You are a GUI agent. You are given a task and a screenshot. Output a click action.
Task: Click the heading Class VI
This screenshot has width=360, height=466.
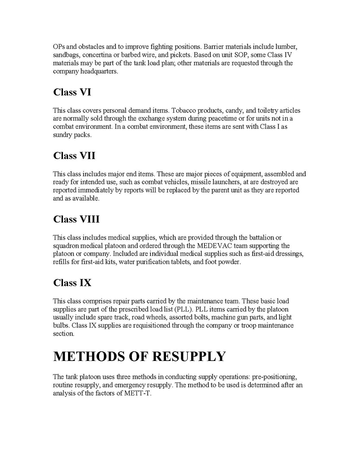[72, 92]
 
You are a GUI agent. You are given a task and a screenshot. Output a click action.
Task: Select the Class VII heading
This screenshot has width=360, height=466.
[74, 156]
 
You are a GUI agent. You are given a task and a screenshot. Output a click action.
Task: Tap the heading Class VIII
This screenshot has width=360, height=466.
[76, 219]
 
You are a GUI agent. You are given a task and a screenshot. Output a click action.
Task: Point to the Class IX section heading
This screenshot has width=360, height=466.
[72, 283]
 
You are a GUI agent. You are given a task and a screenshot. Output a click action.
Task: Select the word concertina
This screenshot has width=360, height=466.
[91, 55]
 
